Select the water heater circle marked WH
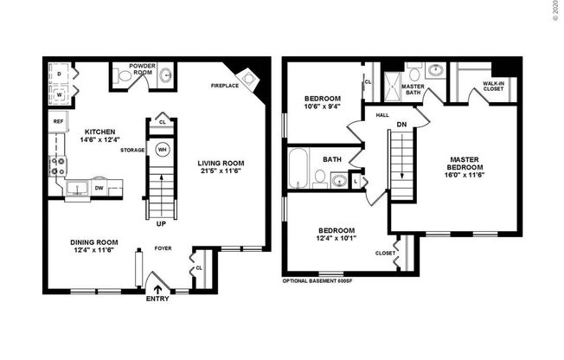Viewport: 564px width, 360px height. click(162, 149)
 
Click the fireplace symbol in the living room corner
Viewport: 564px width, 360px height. click(249, 80)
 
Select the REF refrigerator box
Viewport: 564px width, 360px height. click(57, 122)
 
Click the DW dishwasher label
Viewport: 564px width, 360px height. click(99, 187)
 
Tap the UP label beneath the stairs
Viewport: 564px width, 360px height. click(161, 222)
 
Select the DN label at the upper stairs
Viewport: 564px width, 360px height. click(401, 124)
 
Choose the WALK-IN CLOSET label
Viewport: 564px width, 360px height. click(495, 86)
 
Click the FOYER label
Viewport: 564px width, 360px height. click(162, 247)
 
